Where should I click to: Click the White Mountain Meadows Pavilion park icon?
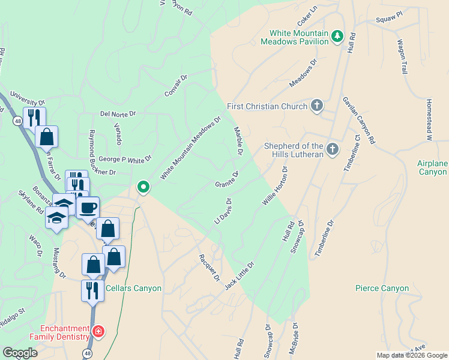click(x=337, y=37)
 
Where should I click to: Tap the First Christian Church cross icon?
click(x=317, y=106)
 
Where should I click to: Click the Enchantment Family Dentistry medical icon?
click(x=98, y=331)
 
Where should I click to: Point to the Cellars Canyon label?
click(x=133, y=288)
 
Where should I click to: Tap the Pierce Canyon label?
click(x=382, y=288)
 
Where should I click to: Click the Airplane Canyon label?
click(x=433, y=168)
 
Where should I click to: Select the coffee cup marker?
click(x=88, y=208)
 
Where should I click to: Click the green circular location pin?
click(x=143, y=187)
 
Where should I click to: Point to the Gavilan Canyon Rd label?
click(x=359, y=120)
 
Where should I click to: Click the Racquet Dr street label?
click(x=209, y=268)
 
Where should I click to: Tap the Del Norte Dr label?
click(x=118, y=113)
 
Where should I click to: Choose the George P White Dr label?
click(x=125, y=159)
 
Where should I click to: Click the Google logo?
click(x=20, y=353)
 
